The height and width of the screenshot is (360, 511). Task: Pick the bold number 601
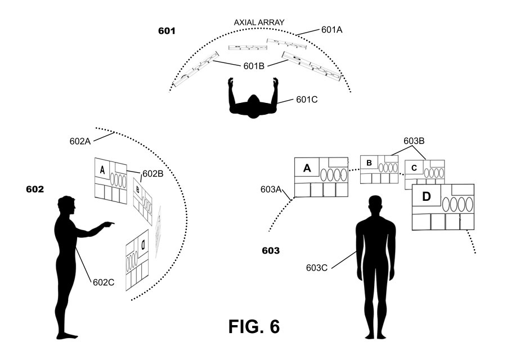167,30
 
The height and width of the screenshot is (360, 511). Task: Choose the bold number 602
35,189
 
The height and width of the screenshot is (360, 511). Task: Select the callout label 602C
104,282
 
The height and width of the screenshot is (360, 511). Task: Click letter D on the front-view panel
427,197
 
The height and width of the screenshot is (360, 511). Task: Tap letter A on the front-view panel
307,168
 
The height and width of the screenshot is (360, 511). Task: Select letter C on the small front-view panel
414,168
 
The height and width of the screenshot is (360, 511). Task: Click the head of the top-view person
253,103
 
